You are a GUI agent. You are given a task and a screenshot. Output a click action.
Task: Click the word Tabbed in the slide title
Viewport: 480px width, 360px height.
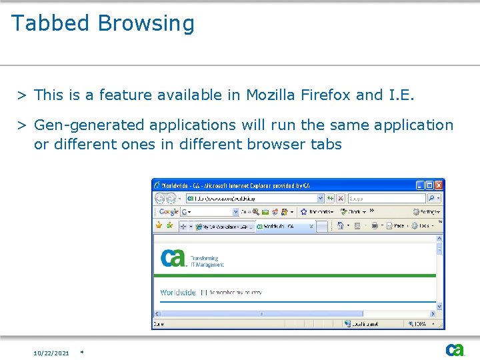(x=50, y=23)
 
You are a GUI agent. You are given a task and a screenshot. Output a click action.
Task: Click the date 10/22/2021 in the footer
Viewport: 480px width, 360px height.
(x=51, y=353)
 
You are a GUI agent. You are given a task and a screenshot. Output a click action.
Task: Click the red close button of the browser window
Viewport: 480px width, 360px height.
(x=438, y=185)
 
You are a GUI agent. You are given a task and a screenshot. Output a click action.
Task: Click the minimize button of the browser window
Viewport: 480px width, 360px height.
(x=420, y=185)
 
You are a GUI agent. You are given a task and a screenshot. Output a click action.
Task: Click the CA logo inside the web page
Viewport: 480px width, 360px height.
(x=173, y=257)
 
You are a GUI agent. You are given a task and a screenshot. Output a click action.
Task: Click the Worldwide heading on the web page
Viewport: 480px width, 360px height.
(x=178, y=292)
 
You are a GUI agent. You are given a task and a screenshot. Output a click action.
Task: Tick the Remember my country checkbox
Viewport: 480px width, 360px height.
(x=204, y=292)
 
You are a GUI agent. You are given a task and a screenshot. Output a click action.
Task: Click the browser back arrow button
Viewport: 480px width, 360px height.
(x=160, y=199)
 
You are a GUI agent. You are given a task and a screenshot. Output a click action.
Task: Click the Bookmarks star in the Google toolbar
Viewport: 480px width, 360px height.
(x=304, y=212)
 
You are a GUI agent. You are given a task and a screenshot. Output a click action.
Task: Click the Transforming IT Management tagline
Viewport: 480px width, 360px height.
(x=207, y=261)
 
